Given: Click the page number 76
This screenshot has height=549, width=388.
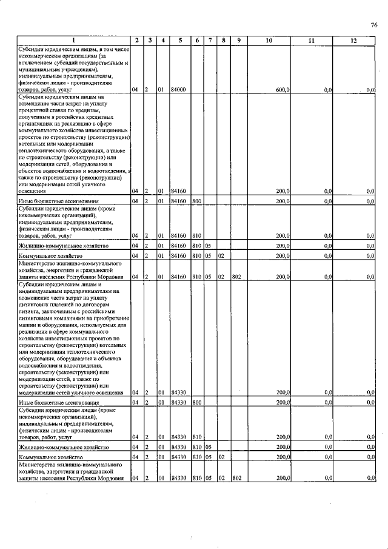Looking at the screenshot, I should [x=374, y=25].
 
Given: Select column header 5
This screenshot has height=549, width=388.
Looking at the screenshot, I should [x=180, y=41].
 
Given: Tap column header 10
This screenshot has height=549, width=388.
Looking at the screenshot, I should [x=269, y=41].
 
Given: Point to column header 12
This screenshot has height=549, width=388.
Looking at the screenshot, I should [x=353, y=41].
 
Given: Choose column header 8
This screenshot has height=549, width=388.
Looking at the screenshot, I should [x=223, y=41].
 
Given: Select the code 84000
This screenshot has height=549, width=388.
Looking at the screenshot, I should [x=178, y=90].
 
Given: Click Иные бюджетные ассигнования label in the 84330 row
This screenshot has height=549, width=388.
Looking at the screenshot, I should [x=58, y=402].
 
